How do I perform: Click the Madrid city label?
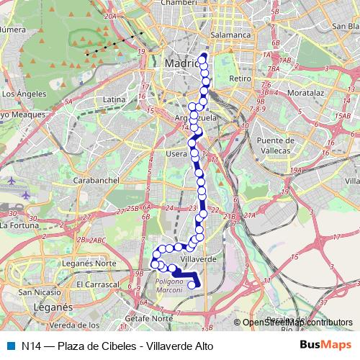(x=181, y=63)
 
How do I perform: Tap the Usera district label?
(x=176, y=153)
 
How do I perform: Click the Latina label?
(x=114, y=99)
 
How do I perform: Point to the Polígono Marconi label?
(x=171, y=285)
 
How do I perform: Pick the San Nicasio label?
(x=40, y=292)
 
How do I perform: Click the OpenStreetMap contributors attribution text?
(x=297, y=323)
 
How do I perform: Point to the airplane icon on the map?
(x=27, y=195)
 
